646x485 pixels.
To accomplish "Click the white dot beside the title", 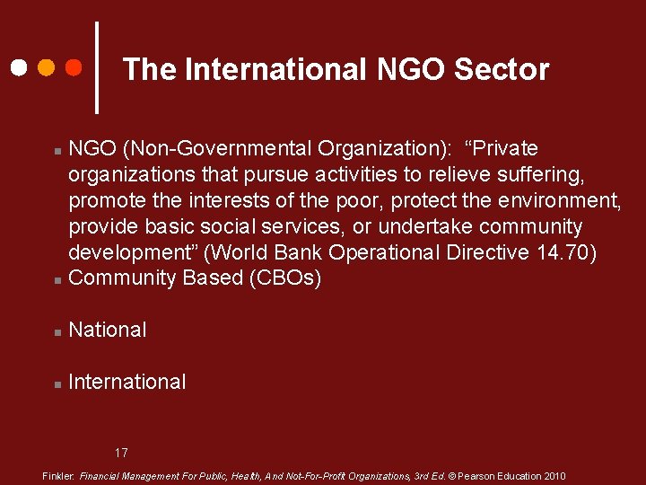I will coord(18,67).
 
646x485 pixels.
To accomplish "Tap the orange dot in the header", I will coord(46,67).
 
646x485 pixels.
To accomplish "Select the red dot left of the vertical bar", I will coord(74,67).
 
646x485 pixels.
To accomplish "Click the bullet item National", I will coord(108,331).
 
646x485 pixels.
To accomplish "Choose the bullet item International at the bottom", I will coord(127,383).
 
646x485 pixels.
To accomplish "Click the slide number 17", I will coord(121,452).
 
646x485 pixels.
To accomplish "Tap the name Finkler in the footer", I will coord(58,476).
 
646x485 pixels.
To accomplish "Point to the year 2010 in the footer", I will coord(553,476).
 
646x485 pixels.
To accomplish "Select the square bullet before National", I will coord(57,332).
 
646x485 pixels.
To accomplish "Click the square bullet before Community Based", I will coord(57,280).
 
